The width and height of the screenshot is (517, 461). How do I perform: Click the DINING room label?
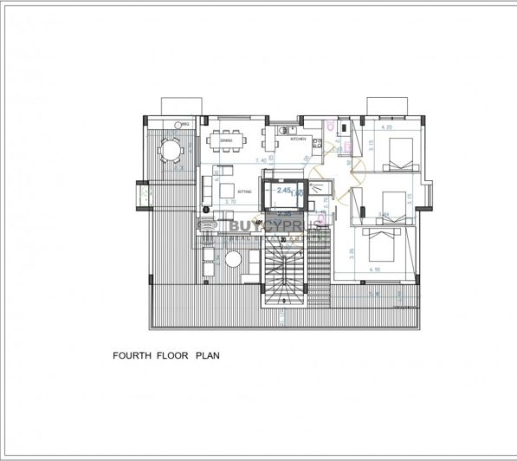coord(225,140)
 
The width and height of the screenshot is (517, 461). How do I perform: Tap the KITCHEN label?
coord(298,139)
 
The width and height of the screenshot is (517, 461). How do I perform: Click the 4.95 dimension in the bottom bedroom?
coord(375,269)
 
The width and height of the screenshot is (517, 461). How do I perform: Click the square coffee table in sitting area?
coord(223,190)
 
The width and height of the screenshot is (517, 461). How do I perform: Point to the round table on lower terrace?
coord(234,260)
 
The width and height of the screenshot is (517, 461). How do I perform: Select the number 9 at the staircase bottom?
coord(286,301)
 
